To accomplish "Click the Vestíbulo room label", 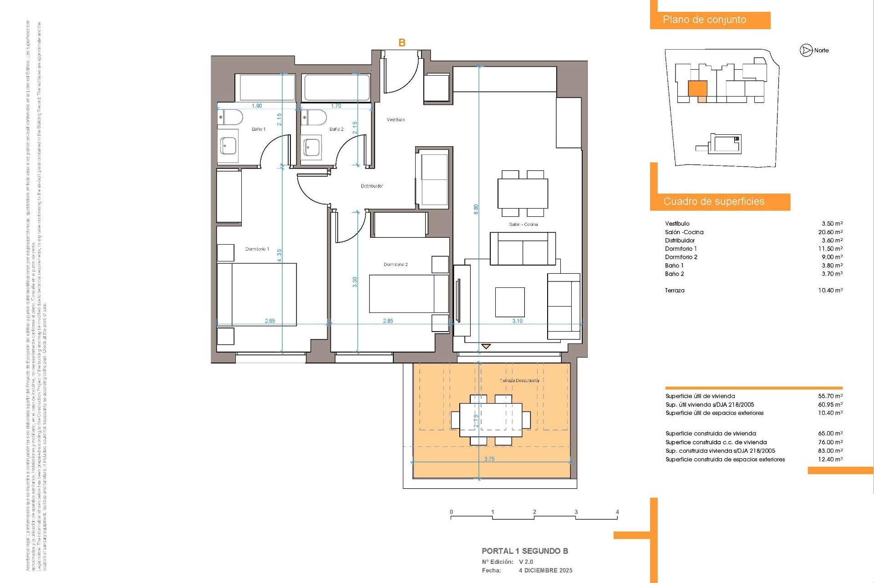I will tap(396, 120).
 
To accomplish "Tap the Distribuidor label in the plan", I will tap(372, 186).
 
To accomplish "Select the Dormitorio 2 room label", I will tap(395, 265).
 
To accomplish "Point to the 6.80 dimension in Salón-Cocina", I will tap(476, 210).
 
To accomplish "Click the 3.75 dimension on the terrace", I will tap(489, 459).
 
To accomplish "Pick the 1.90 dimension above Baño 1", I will tap(257, 106).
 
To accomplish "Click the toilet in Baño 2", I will tap(314, 118).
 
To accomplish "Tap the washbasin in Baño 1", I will tap(228, 146).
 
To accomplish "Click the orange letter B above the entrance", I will tap(402, 43).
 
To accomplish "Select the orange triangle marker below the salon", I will tap(486, 347).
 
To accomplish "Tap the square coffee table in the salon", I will tap(510, 302).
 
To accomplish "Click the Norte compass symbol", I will tap(806, 51).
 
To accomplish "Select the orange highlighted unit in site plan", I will tap(697, 89).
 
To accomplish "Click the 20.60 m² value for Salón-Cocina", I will tap(830, 232).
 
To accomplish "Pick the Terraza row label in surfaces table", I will tap(675, 291).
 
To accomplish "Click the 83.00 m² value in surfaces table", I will tap(830, 451).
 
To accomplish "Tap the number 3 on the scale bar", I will tap(576, 512).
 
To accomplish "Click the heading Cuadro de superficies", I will tap(714, 201).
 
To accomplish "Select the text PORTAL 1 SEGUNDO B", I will tap(525, 551).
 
